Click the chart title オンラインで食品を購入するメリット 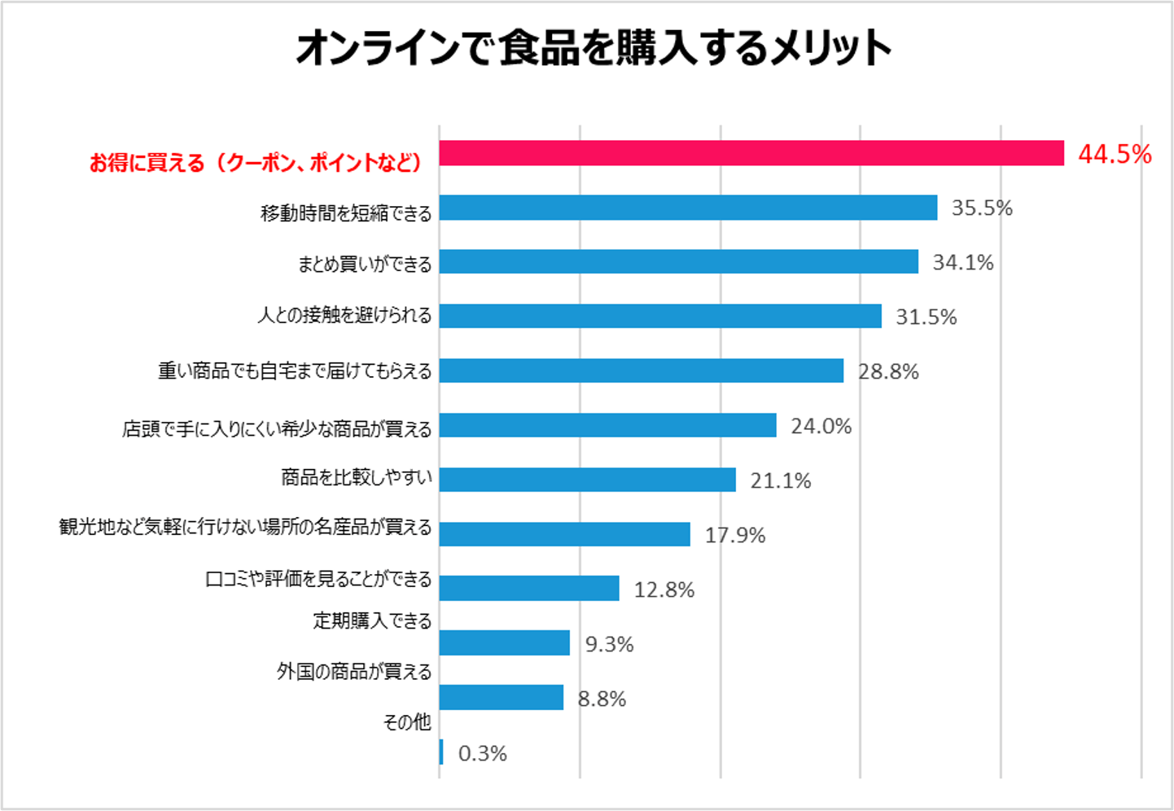pyautogui.click(x=594, y=49)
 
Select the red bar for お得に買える pyautogui.click(x=751, y=153)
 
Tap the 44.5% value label pyautogui.click(x=1114, y=154)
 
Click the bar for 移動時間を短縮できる pyautogui.click(x=688, y=208)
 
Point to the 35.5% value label pyautogui.click(x=981, y=208)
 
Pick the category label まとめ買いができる pyautogui.click(x=365, y=264)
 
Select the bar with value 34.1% pyautogui.click(x=678, y=261)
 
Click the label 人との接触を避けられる pyautogui.click(x=344, y=315)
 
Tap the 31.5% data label pyautogui.click(x=926, y=317)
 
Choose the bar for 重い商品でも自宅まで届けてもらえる pyautogui.click(x=641, y=370)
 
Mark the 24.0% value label pyautogui.click(x=821, y=426)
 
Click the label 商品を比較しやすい pyautogui.click(x=357, y=477)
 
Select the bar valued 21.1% pyautogui.click(x=587, y=480)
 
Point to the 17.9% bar pyautogui.click(x=564, y=534)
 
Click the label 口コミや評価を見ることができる pyautogui.click(x=318, y=580)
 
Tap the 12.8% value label pyautogui.click(x=664, y=590)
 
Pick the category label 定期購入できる pyautogui.click(x=372, y=621)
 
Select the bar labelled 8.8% pyautogui.click(x=501, y=697)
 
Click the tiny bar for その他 pyautogui.click(x=441, y=752)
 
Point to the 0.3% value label pyautogui.click(x=482, y=754)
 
